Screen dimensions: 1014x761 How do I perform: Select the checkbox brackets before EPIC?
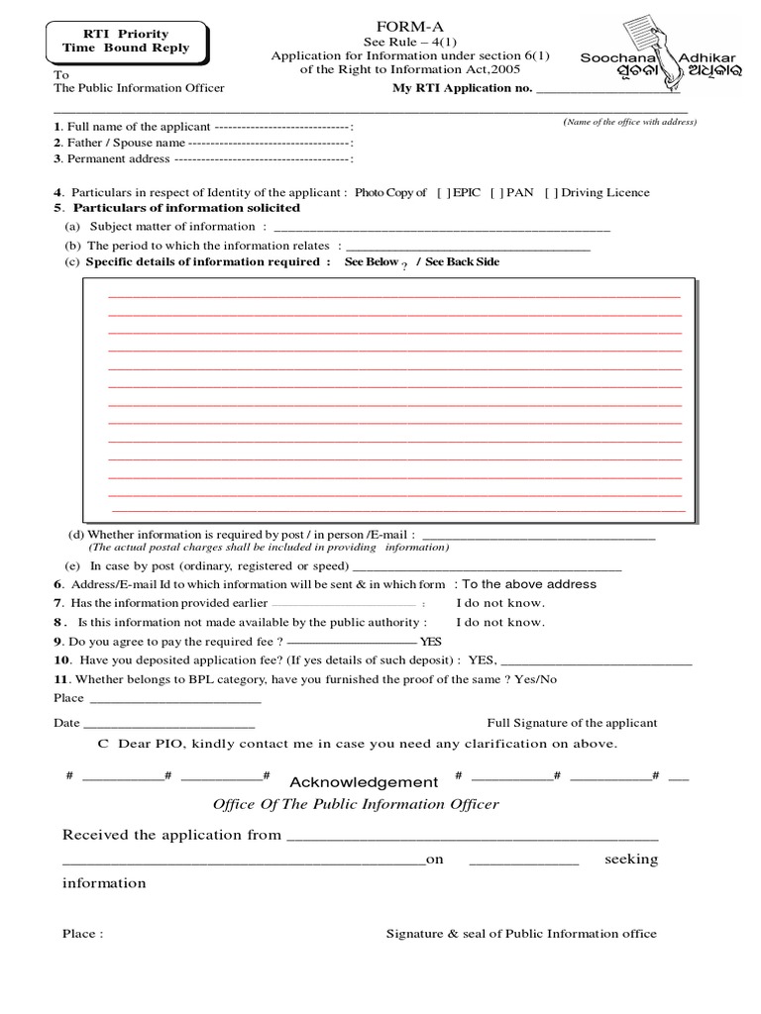pos(442,193)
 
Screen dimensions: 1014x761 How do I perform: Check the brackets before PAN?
pos(495,193)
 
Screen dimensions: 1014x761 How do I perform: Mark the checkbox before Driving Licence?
pos(551,193)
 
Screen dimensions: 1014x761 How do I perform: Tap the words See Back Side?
pos(462,262)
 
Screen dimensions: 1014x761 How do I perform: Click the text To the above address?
pos(529,584)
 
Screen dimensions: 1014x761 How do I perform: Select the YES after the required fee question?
pos(431,642)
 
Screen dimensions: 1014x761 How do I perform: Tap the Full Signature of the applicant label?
pos(572,724)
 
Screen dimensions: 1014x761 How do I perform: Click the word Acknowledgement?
pos(364,782)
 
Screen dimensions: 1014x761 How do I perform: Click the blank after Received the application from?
pos(472,836)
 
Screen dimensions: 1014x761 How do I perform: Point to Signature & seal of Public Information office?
pos(521,934)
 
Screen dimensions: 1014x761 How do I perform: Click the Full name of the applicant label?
pos(132,127)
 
